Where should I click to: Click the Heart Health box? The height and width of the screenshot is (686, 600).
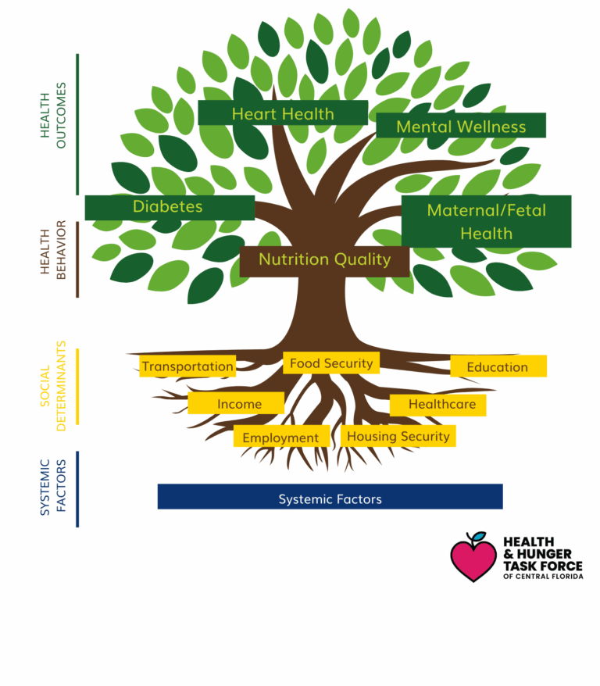(x=282, y=113)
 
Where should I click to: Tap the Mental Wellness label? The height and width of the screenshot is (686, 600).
(x=460, y=126)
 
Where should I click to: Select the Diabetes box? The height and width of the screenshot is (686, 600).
(x=169, y=207)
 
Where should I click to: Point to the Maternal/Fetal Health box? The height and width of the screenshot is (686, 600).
(x=486, y=221)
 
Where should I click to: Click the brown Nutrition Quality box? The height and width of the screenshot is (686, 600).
(x=324, y=260)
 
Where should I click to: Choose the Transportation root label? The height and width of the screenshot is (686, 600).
(x=187, y=366)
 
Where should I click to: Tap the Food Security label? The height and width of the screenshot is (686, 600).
(x=331, y=363)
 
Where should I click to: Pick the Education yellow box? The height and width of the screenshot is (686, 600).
(x=498, y=366)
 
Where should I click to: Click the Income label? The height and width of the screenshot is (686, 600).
(x=236, y=403)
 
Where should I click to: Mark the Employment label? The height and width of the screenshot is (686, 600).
(x=280, y=438)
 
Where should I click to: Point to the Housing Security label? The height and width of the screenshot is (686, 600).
(x=398, y=436)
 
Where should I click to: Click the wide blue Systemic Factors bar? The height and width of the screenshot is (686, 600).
(x=330, y=498)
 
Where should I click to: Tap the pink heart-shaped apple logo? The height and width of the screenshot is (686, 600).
(x=473, y=559)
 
